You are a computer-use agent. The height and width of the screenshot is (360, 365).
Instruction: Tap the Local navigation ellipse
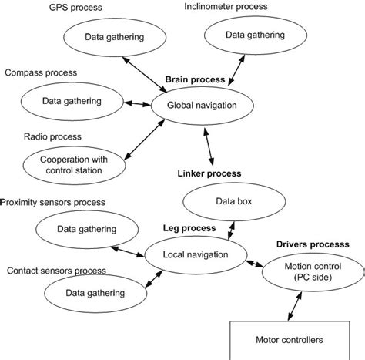(196, 254)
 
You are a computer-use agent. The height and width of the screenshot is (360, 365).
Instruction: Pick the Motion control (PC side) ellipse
(307, 274)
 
